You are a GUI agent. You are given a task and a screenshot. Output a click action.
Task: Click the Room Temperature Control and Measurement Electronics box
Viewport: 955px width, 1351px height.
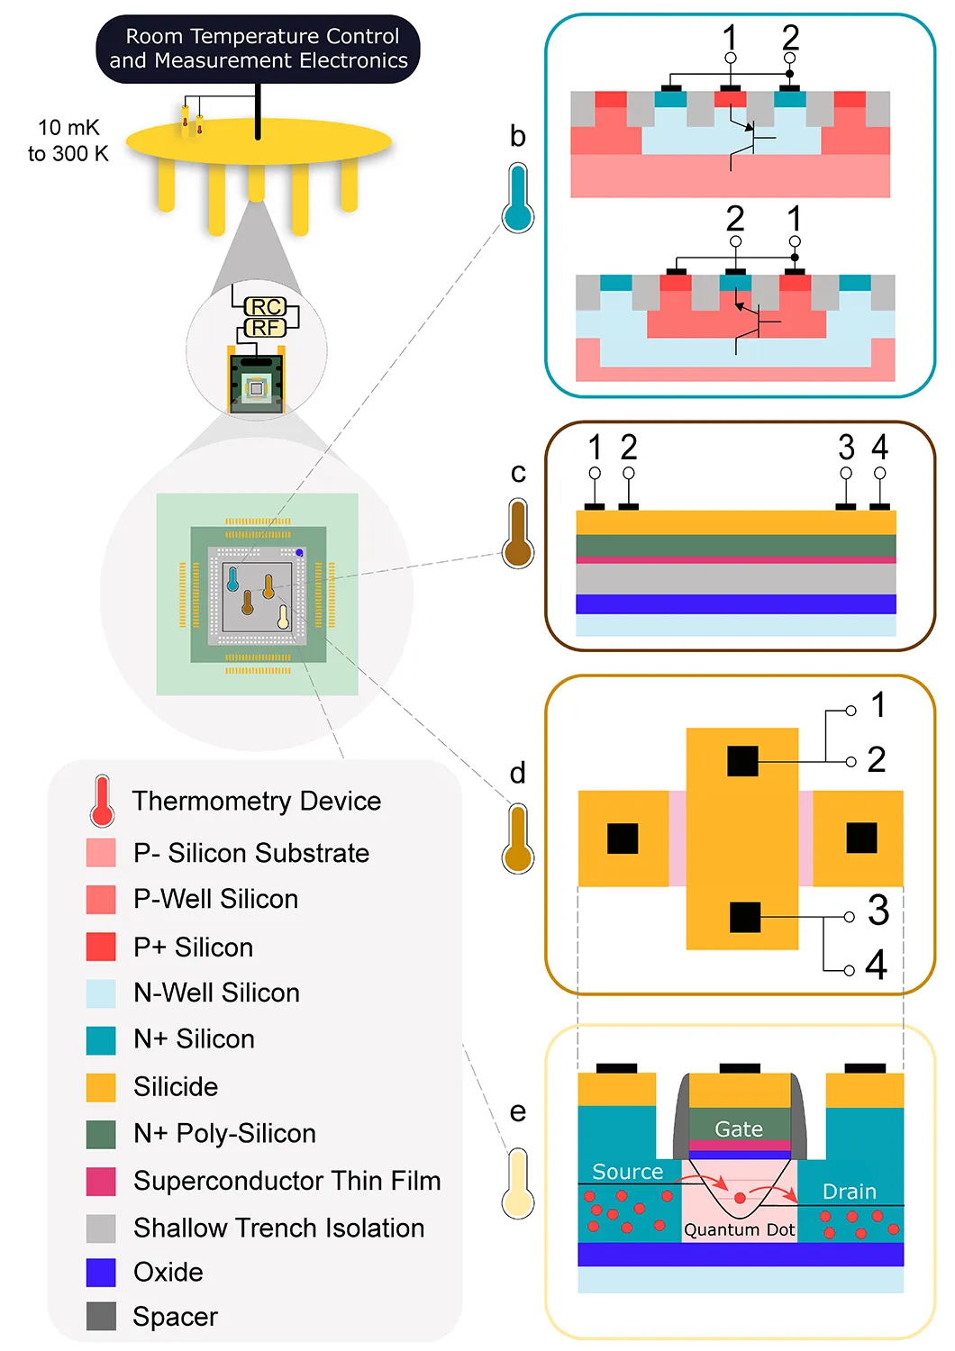258,49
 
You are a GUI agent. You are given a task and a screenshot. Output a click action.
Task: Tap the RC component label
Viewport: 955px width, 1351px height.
266,307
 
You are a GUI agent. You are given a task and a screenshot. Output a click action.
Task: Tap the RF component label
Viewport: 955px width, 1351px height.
265,328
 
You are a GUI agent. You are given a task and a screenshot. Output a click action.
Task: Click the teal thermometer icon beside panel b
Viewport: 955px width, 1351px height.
518,199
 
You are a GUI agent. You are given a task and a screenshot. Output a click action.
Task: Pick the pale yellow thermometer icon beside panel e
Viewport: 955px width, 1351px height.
518,1183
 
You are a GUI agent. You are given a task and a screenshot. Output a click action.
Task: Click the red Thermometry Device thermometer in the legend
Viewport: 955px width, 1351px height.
102,801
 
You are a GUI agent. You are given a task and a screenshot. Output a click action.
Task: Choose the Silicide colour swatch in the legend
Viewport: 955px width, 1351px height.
101,1087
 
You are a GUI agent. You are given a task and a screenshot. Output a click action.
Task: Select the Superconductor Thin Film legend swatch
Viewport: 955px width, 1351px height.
101,1181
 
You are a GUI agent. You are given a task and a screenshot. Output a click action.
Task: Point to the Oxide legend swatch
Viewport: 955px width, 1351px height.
101,1273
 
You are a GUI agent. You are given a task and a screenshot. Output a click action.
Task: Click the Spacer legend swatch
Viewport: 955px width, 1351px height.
101,1317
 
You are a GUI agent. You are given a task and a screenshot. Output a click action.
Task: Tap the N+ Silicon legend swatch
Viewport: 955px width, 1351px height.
101,1040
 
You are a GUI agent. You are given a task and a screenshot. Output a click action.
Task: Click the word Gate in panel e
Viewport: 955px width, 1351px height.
739,1129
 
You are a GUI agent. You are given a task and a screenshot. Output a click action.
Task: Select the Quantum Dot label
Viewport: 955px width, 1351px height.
740,1230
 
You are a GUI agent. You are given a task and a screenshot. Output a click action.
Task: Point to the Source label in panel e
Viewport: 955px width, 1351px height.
628,1172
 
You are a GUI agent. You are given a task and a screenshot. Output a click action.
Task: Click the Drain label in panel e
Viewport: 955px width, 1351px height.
850,1192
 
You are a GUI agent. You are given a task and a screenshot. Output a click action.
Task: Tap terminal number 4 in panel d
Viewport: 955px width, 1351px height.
876,966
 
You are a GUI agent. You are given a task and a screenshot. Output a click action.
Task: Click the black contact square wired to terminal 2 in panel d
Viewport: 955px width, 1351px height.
742,761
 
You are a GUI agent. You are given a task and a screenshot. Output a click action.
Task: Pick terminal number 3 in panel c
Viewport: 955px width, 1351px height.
846,448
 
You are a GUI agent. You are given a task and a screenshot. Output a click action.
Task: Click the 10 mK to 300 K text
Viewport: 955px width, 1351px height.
68,141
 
